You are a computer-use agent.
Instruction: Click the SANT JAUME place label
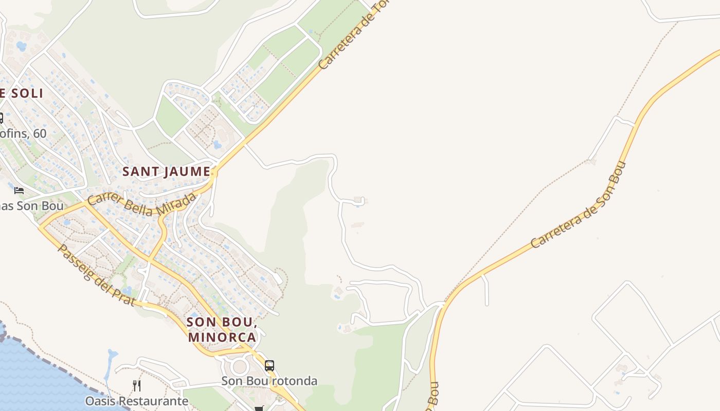[166, 172]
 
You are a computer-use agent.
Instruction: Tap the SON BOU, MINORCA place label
[222, 329]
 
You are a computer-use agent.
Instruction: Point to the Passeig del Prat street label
[97, 275]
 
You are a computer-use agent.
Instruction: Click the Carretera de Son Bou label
[579, 205]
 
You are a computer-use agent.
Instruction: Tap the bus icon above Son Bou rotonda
[269, 366]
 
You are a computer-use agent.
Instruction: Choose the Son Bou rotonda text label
[269, 381]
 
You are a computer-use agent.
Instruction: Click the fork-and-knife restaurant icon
[137, 385]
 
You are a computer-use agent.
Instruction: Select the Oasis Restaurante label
[136, 401]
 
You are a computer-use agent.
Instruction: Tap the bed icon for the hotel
[19, 190]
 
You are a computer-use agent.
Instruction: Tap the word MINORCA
[222, 337]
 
